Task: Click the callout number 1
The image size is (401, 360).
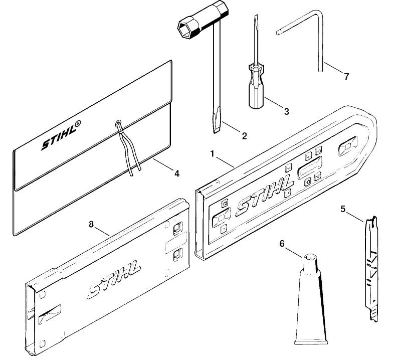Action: coord(212,154)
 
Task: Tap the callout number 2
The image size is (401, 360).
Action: coord(245,136)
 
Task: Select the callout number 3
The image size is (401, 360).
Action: coord(286,111)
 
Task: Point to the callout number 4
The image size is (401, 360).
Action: coord(177,173)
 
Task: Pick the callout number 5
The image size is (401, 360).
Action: coord(343,209)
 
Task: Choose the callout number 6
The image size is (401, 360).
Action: coord(282,244)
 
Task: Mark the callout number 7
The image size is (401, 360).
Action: coord(346,77)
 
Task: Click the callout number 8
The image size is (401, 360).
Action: coord(91,225)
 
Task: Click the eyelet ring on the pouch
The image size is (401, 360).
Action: coord(119,123)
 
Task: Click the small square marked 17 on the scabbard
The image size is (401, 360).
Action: coord(318,176)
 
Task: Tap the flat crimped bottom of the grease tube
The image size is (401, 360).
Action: coord(311,342)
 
